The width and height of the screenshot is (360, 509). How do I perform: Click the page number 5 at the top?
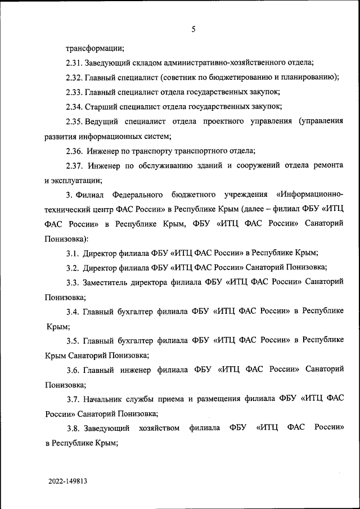click(193, 30)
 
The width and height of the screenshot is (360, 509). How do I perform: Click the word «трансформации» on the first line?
click(95, 48)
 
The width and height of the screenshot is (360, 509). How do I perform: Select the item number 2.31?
click(74, 62)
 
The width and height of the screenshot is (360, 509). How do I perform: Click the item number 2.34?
click(74, 106)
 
